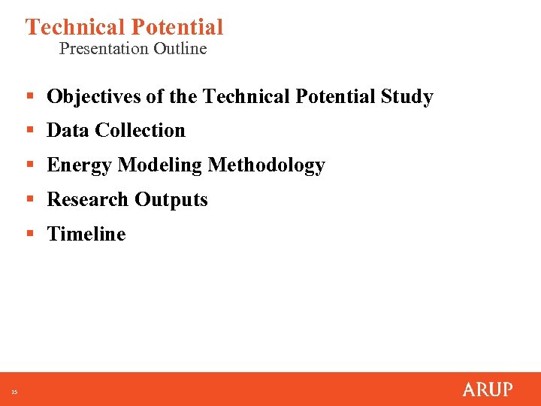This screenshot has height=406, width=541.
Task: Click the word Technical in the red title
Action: (75, 27)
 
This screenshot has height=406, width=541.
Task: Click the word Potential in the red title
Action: (177, 27)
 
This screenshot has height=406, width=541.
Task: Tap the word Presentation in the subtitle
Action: (104, 49)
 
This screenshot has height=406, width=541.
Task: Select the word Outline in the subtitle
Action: (180, 49)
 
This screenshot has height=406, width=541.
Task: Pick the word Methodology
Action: (267, 165)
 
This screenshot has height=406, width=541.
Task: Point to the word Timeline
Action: (86, 235)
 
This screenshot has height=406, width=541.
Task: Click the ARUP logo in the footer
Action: (488, 389)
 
